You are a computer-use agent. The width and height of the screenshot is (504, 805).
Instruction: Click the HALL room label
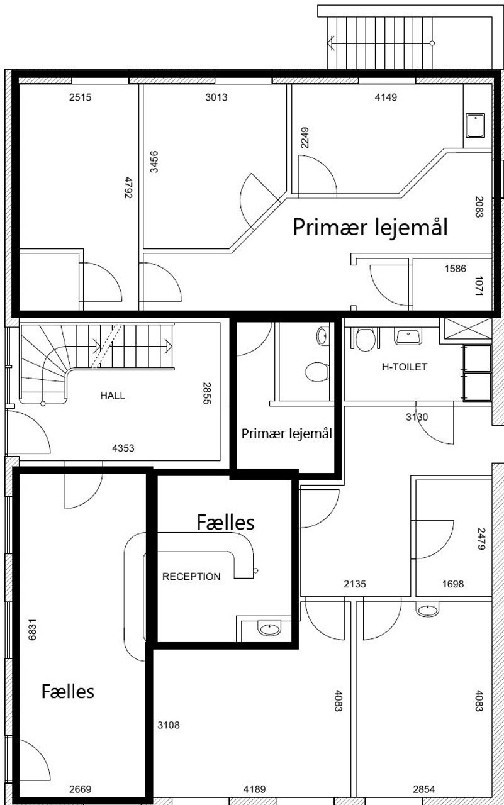pyautogui.click(x=113, y=396)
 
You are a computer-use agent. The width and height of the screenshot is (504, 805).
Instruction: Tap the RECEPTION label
pyautogui.click(x=191, y=577)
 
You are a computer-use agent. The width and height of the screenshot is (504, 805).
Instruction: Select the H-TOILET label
pyautogui.click(x=405, y=367)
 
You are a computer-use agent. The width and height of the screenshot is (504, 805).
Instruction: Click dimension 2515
pyautogui.click(x=80, y=97)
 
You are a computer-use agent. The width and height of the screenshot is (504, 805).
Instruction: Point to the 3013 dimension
pyautogui.click(x=216, y=97)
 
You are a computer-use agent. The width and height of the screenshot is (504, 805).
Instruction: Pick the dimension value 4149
pyautogui.click(x=386, y=97)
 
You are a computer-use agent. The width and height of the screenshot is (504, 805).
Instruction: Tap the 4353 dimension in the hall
pyautogui.click(x=123, y=448)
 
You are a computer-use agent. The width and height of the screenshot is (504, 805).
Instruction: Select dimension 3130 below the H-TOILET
pyautogui.click(x=417, y=417)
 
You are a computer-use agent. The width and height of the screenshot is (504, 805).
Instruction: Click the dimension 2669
pyautogui.click(x=80, y=789)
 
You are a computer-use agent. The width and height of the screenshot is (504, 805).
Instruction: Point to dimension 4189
pyautogui.click(x=254, y=789)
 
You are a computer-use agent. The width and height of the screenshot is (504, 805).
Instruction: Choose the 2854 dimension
pyautogui.click(x=424, y=789)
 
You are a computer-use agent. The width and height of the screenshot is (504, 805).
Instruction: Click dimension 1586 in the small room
pyautogui.click(x=455, y=269)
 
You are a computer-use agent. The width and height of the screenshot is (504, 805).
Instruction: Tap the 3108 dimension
pyautogui.click(x=169, y=725)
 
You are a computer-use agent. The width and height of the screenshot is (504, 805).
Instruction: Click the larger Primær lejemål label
pyautogui.click(x=370, y=227)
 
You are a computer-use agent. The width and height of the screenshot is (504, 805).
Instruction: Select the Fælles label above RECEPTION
pyautogui.click(x=226, y=522)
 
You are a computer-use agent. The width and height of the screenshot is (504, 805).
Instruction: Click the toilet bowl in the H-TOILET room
pyautogui.click(x=365, y=339)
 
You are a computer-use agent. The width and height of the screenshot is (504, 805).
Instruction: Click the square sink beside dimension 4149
pyautogui.click(x=475, y=125)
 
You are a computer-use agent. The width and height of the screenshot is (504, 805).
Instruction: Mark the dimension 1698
pyautogui.click(x=453, y=584)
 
